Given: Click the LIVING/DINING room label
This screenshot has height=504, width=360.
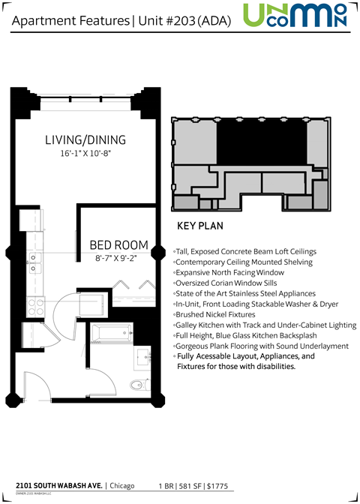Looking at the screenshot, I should click(x=84, y=140).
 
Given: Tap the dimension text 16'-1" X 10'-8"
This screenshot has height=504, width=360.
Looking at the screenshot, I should click(x=85, y=154).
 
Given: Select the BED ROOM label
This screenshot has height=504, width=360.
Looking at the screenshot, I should click(x=118, y=245).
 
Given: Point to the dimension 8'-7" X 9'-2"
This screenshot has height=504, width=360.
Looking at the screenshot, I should click(x=118, y=258).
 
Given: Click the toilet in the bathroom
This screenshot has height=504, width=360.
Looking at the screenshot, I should click(x=137, y=385).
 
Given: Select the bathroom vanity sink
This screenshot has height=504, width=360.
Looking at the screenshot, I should click(x=142, y=357).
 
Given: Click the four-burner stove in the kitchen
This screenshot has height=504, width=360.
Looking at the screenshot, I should click(x=34, y=306).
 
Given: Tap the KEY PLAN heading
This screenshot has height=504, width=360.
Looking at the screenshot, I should click(x=198, y=226).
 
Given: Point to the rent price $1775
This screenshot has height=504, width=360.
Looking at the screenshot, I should click(x=236, y=485).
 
